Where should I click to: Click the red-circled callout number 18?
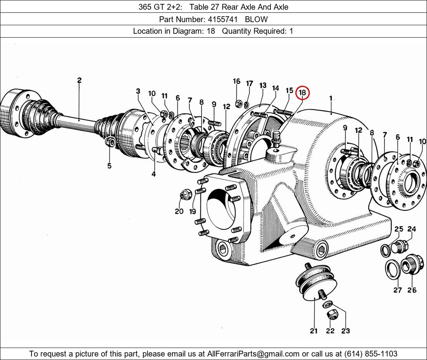tap(302, 92)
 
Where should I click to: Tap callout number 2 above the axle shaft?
tap(79, 80)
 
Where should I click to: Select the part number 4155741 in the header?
tap(222, 19)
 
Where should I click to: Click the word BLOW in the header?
tap(256, 19)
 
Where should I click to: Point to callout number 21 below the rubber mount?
tap(314, 331)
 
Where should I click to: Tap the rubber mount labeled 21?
tap(316, 282)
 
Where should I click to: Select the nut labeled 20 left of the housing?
tap(186, 195)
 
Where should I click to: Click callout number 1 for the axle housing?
tap(331, 98)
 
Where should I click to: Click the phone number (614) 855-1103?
tap(371, 354)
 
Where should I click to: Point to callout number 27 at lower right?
tap(397, 290)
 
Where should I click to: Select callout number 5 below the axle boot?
tap(109, 166)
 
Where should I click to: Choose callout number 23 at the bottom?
tap(345, 331)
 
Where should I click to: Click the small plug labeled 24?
tap(400, 245)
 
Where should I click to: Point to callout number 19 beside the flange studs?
tap(193, 211)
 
